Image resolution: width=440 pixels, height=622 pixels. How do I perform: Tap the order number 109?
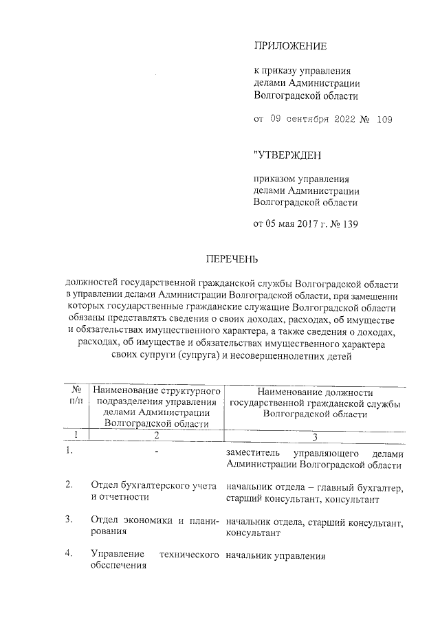pyautogui.click(x=384, y=120)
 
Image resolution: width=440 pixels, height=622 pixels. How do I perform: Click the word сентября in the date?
pyautogui.click(x=308, y=120)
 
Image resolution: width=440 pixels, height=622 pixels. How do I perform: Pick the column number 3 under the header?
pyautogui.click(x=314, y=436)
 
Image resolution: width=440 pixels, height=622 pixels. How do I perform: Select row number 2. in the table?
pyautogui.click(x=69, y=485)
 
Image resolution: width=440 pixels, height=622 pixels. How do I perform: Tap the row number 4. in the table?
pyautogui.click(x=69, y=553)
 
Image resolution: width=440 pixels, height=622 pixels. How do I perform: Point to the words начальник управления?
pyautogui.click(x=274, y=555)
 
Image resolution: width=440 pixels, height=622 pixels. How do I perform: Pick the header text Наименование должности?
pyautogui.click(x=314, y=390)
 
